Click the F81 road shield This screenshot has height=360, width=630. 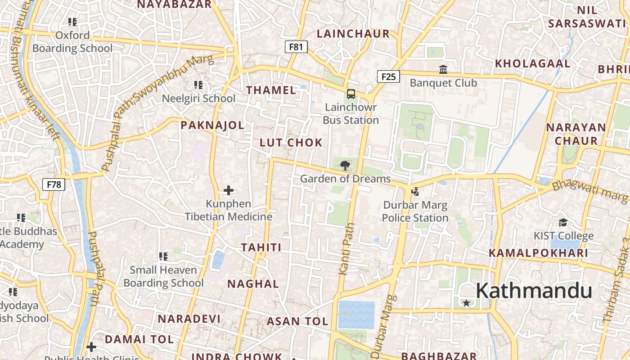[x=296, y=47]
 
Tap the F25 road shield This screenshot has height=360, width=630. [x=388, y=76]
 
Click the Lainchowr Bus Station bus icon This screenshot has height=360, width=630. [x=351, y=94]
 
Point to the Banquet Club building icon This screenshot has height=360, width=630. [x=443, y=70]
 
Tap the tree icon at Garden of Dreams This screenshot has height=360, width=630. [x=345, y=165]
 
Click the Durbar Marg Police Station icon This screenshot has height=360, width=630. [x=415, y=192]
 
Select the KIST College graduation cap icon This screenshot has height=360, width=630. [x=563, y=222]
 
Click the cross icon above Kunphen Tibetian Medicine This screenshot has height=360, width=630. [x=229, y=190]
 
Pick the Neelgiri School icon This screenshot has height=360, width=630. [x=198, y=85]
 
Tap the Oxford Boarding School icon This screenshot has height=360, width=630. [x=72, y=22]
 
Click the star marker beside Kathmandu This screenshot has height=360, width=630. [x=467, y=303]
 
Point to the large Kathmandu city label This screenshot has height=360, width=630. [x=534, y=290]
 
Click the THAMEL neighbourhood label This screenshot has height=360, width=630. [x=271, y=90]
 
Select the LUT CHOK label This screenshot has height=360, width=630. [x=291, y=143]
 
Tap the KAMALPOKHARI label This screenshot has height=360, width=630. [x=539, y=253]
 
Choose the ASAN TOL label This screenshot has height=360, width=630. [x=297, y=321]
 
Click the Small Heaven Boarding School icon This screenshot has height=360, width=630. [x=163, y=256]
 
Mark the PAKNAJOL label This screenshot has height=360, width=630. [x=212, y=125]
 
